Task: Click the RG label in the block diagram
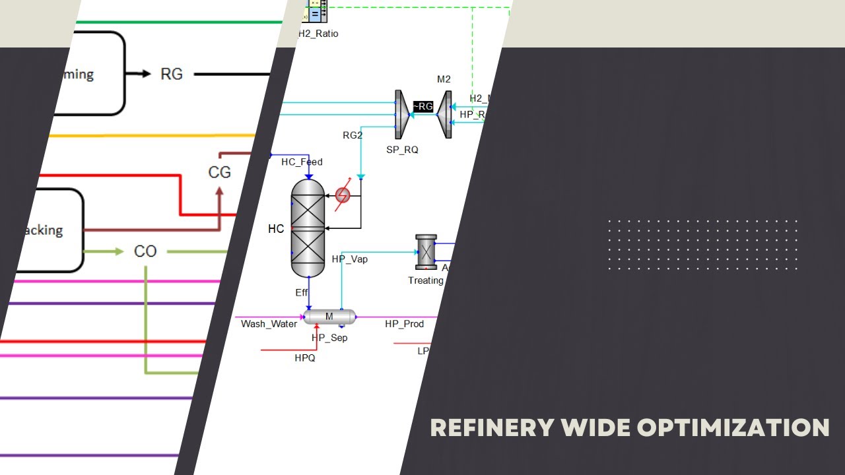[172, 75]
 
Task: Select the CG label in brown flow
[219, 172]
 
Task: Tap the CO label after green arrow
[145, 251]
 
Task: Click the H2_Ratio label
[318, 34]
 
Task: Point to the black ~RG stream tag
[423, 107]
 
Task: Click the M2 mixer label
[444, 80]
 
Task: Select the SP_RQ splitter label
[402, 150]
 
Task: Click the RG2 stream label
[353, 136]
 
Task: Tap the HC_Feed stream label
[302, 162]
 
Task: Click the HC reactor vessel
[308, 228]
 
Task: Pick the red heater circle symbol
[343, 195]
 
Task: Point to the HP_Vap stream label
[349, 259]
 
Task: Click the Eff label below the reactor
[302, 292]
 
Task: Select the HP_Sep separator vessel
[329, 317]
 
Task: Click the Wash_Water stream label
[269, 324]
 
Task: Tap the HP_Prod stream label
[404, 324]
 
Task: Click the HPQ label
[305, 358]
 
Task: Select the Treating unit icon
[426, 252]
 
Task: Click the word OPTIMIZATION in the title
[733, 427]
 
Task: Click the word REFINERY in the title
[492, 427]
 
